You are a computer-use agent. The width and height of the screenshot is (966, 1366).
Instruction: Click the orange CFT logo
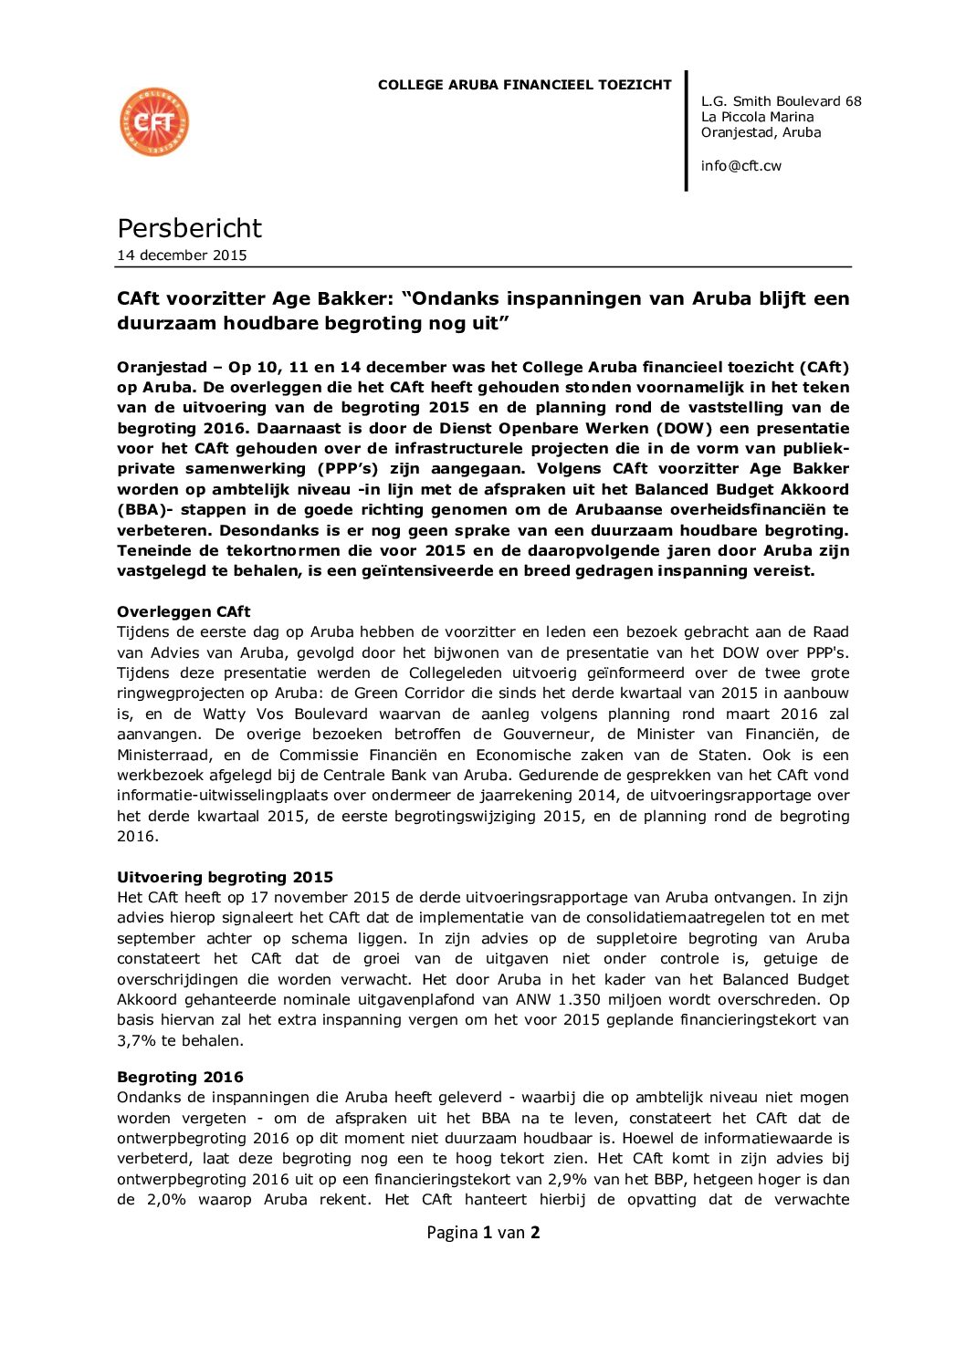[154, 122]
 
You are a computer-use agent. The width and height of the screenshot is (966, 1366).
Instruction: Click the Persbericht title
[189, 228]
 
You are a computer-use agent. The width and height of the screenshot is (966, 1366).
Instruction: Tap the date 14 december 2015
[182, 255]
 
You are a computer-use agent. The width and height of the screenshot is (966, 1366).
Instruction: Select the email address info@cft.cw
[740, 166]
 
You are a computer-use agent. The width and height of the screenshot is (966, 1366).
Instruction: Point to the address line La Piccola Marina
[757, 117]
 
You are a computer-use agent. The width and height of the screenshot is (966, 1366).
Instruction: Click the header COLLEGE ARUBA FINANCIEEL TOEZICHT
[524, 85]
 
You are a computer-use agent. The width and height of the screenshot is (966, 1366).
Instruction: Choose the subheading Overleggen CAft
[183, 611]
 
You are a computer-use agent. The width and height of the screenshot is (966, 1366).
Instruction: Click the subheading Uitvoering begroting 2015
[225, 877]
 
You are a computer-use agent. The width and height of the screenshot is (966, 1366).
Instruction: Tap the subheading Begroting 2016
[180, 1077]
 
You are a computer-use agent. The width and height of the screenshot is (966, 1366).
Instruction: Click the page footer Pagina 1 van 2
[483, 1233]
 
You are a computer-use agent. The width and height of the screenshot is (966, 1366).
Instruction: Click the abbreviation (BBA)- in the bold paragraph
[143, 510]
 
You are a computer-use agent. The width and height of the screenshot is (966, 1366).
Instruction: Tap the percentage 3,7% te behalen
[136, 1040]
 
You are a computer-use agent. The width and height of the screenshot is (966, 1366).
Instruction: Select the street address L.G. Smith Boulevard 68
[781, 101]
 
